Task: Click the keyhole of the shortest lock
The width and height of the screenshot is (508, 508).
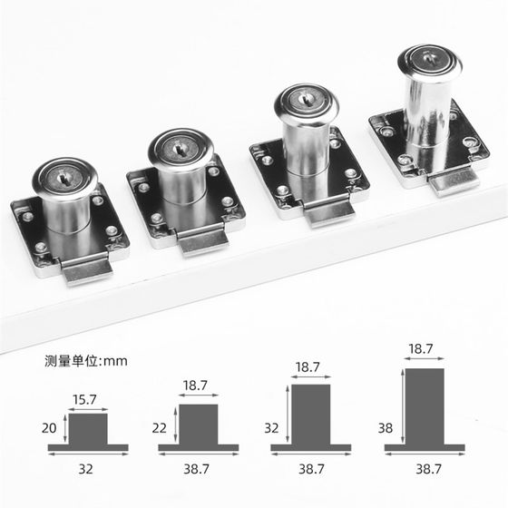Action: (x=62, y=179)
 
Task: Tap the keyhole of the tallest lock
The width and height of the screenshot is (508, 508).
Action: (x=428, y=58)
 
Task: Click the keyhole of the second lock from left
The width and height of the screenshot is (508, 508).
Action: (x=179, y=150)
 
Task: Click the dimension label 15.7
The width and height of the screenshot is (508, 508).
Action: (x=84, y=400)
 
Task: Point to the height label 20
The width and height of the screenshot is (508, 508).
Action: (x=49, y=428)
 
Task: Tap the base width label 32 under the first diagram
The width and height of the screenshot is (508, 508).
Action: (x=85, y=469)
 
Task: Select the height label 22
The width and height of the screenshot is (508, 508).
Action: (x=160, y=428)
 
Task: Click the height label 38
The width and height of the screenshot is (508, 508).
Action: (x=386, y=428)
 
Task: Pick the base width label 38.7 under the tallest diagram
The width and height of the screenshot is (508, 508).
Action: (x=428, y=469)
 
